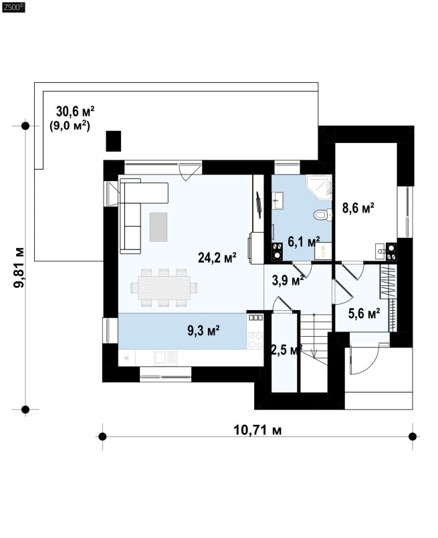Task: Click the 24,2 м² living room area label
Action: (x=217, y=257)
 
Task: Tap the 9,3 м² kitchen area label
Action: (x=203, y=330)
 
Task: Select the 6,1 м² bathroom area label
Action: (x=304, y=242)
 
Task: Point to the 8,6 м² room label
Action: (x=358, y=208)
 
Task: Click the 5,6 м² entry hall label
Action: (x=364, y=313)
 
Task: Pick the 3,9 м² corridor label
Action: (x=288, y=280)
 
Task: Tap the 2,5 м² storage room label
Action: (x=286, y=350)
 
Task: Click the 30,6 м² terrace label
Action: (x=75, y=111)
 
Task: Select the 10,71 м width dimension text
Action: (x=257, y=430)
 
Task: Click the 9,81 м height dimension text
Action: (x=19, y=267)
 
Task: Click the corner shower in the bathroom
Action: (x=319, y=187)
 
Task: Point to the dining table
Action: (x=164, y=287)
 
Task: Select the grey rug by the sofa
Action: (x=158, y=227)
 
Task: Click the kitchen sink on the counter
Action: (x=165, y=358)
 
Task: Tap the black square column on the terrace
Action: (x=113, y=141)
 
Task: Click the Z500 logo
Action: (x=13, y=7)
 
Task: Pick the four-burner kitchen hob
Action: (x=255, y=340)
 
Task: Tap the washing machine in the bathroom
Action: (x=323, y=251)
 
